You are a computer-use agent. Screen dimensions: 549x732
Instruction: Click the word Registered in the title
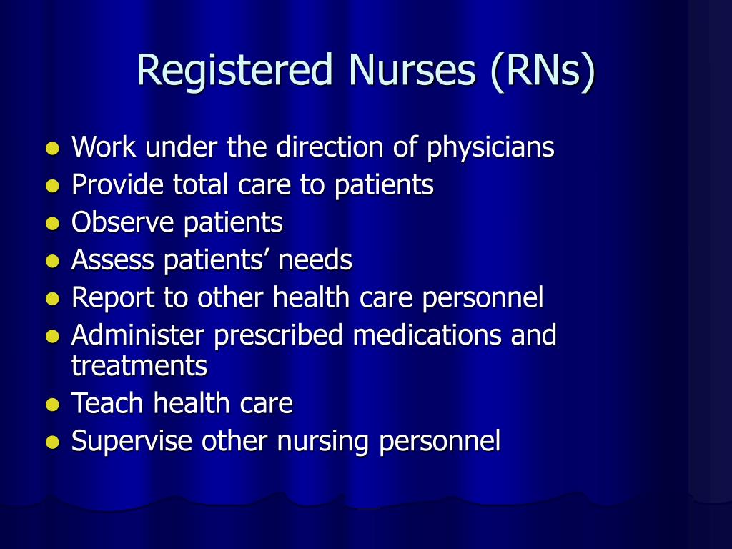[235, 71]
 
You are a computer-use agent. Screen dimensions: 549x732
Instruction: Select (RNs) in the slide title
[543, 71]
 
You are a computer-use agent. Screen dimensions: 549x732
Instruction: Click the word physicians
[490, 148]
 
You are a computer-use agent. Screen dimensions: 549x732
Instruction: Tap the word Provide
[119, 185]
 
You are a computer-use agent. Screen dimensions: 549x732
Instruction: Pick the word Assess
[114, 259]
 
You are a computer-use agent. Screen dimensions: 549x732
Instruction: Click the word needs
[315, 259]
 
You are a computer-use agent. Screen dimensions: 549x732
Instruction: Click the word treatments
[139, 366]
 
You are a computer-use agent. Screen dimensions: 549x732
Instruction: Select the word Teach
[109, 403]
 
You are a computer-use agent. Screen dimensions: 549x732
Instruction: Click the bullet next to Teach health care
[51, 405]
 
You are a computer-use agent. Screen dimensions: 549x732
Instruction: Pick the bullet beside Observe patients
[51, 224]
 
